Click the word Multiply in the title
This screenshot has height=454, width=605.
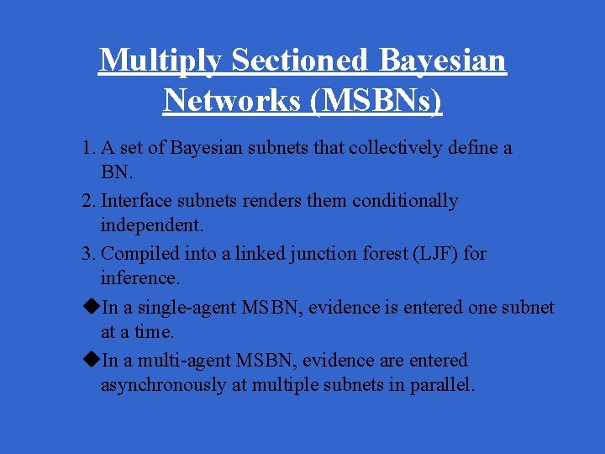point(160,61)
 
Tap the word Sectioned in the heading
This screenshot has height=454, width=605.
point(299,61)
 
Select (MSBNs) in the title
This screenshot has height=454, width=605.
point(376,100)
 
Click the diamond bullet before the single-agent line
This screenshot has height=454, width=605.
point(92,307)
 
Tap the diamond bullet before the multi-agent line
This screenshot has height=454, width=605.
point(92,360)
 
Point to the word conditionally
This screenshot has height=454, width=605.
point(405,201)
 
